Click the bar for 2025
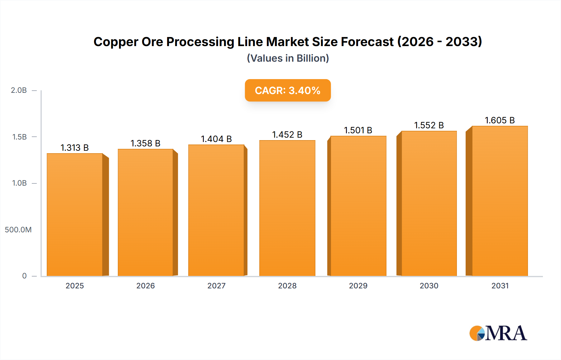pos(75,215)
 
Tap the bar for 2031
pos(500,201)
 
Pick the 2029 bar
pos(358,206)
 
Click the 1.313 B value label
pos(74,148)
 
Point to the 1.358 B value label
pos(145,143)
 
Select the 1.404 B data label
pos(216,139)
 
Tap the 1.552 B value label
pos(429,125)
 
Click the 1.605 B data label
pos(500,120)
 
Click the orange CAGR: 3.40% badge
pos(288,90)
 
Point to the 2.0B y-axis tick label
pos(19,90)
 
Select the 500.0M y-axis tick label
pos(18,230)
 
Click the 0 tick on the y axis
pos(24,276)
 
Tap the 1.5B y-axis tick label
pos(19,137)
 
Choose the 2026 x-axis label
pos(146,286)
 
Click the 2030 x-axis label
pos(429,286)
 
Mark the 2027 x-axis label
pos(216,286)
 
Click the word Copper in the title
pos(116,42)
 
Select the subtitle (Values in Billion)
pos(288,58)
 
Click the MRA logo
pos(498,333)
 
